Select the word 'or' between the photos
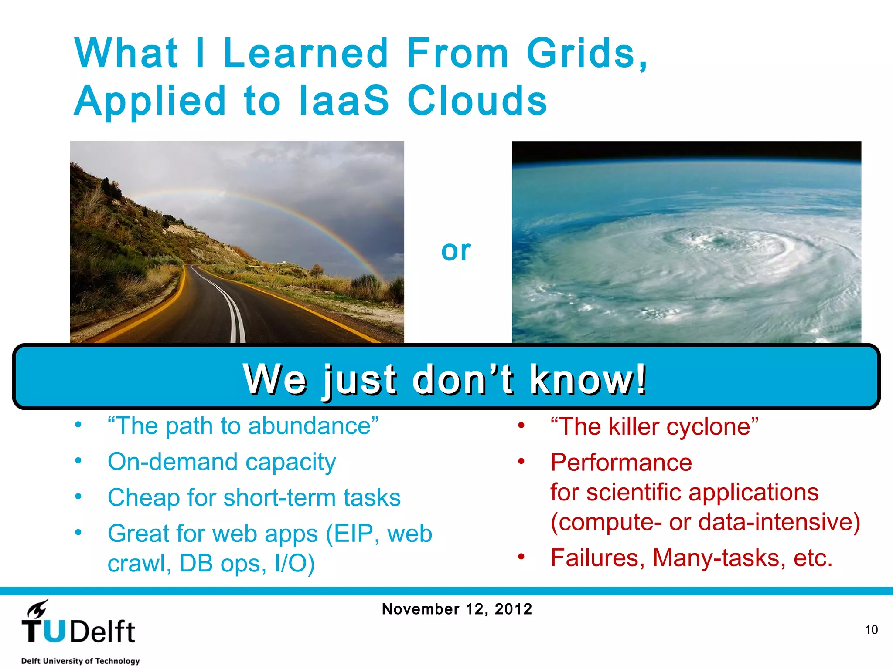[x=456, y=251]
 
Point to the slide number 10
[x=871, y=630]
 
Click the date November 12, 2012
[x=457, y=609]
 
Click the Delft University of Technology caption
[x=80, y=661]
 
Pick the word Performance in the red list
[x=621, y=463]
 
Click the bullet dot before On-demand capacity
[x=78, y=461]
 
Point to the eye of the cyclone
[x=718, y=240]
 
